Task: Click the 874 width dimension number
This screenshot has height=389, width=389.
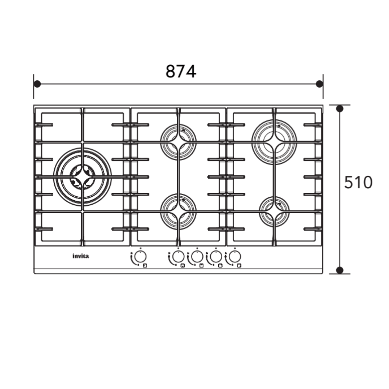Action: pyautogui.click(x=181, y=71)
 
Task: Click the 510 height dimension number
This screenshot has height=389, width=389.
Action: pyautogui.click(x=358, y=182)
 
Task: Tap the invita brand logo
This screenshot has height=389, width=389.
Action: pyautogui.click(x=81, y=256)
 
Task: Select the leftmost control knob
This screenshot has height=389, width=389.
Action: pyautogui.click(x=140, y=256)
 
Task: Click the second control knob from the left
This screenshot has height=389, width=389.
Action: pyautogui.click(x=178, y=256)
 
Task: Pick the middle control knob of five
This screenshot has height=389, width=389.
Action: pyautogui.click(x=197, y=256)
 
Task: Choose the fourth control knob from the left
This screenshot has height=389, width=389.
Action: pyautogui.click(x=216, y=256)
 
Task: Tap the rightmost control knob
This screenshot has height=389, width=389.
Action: pyautogui.click(x=235, y=256)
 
